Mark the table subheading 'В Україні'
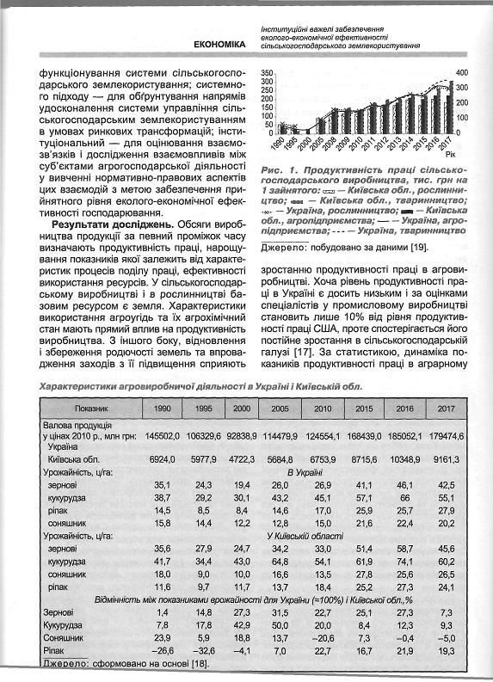(x=304, y=473)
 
